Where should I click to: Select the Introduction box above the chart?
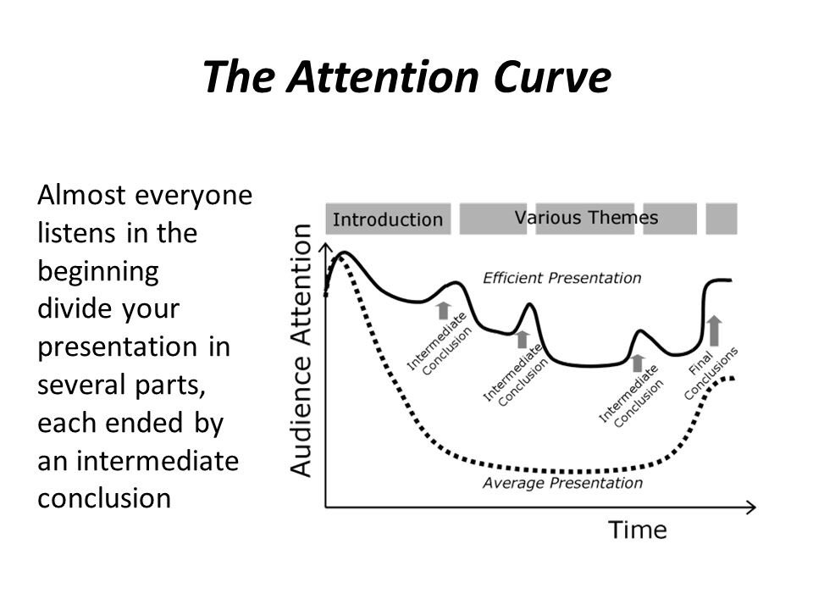388,219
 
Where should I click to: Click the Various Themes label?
586,217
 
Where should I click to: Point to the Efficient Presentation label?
561,277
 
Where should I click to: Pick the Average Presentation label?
561,484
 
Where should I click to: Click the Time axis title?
638,530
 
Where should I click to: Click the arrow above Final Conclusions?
714,330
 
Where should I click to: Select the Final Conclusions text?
711,373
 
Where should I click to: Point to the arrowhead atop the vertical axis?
326,247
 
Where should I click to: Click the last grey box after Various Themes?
722,219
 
